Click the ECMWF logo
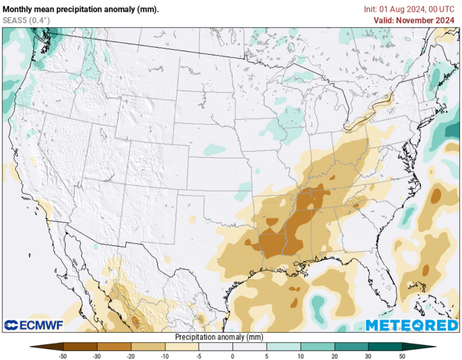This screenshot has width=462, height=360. pos(34,325)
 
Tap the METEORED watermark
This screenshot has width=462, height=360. pos(411,325)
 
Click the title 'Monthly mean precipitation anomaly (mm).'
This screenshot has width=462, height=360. pos(81,9)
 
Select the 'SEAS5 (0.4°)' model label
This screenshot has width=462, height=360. pos(26,20)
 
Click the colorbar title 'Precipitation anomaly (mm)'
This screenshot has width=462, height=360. pos(219,337)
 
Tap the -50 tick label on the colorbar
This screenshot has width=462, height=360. pos(64,356)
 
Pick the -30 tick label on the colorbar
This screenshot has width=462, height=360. pos(97,356)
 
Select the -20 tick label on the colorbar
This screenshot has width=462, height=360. pos(131,356)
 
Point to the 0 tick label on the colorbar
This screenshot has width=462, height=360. pos(233,356)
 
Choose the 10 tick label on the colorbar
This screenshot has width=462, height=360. pos(300,356)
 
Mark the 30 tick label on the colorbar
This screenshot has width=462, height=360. pos(368,356)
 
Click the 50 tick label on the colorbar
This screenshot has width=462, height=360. pos(402,356)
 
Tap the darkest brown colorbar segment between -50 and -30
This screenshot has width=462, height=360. pos(80,346)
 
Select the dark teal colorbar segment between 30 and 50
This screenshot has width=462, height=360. pos(385,346)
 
